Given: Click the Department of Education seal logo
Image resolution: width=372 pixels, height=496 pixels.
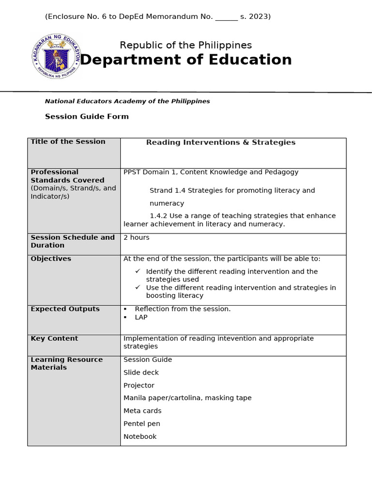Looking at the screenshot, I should (56, 57).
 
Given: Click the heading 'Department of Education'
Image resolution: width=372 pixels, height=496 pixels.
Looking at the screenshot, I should (186, 60).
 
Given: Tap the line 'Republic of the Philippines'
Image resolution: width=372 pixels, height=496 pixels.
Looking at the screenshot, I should (186, 45).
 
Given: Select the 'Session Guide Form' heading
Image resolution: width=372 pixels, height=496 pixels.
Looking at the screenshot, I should (87, 116).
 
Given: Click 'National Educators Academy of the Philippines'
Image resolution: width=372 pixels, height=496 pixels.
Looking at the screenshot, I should (127, 101).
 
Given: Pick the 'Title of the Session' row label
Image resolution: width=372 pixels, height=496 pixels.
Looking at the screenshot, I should (68, 141).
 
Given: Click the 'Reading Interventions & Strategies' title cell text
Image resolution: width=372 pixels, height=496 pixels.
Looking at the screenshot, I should (220, 142).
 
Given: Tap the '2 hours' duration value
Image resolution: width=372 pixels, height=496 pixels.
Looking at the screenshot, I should (137, 237).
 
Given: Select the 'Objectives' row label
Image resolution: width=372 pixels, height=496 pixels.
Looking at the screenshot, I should (51, 259).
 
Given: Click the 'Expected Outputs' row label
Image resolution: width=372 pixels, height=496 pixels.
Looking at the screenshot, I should (65, 309).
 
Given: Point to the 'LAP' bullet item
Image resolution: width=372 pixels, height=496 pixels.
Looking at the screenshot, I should (141, 317).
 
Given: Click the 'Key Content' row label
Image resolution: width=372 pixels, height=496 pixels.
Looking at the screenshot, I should (54, 339).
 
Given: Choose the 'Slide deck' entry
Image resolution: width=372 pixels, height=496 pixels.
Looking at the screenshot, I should (141, 372).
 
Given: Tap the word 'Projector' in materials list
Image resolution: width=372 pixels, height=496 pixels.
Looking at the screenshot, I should (139, 386).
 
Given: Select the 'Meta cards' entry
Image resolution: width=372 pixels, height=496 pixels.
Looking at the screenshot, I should (142, 411).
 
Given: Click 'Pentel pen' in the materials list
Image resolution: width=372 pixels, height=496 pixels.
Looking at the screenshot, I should (142, 424).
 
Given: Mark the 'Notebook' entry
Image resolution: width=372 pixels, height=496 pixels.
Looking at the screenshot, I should (140, 436).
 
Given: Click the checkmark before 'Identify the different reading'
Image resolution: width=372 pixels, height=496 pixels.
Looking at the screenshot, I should (138, 271).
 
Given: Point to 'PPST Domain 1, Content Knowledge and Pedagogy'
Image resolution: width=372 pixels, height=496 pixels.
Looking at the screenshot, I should (211, 172).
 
